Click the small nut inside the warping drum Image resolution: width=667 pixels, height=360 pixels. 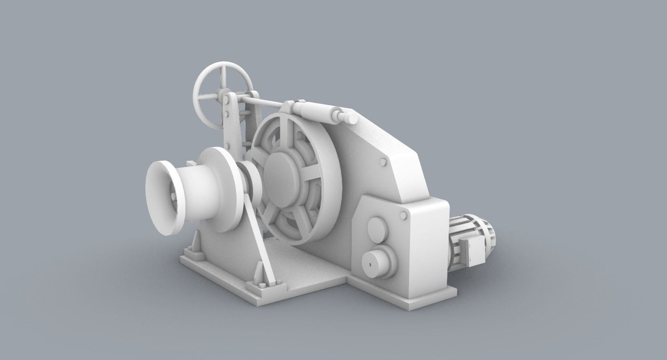(173, 196)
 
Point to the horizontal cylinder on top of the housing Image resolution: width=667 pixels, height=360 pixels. (318, 111)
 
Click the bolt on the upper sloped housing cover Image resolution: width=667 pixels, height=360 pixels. (383, 162)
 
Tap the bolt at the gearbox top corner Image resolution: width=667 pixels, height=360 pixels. (403, 216)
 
